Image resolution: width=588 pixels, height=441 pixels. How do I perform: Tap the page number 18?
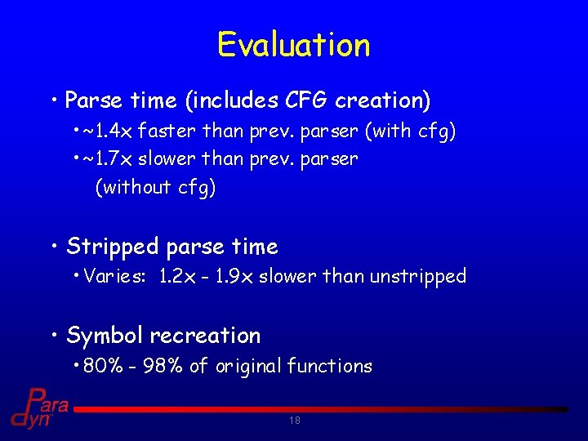(x=294, y=421)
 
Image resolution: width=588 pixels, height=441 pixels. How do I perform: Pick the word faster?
(x=165, y=130)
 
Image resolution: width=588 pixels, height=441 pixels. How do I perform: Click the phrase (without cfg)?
(x=155, y=187)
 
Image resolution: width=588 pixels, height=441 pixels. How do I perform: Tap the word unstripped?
(x=417, y=276)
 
